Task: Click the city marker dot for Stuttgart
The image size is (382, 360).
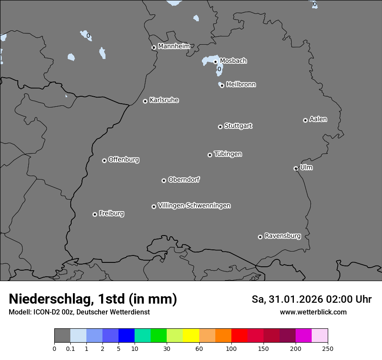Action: (220, 127)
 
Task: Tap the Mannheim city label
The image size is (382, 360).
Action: (174, 46)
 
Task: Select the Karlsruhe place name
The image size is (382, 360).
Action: (164, 100)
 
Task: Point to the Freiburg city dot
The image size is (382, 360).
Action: (95, 214)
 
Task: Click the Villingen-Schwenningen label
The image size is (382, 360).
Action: (194, 206)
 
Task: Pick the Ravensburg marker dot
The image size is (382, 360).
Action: (260, 237)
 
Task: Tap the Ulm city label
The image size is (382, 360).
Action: (306, 167)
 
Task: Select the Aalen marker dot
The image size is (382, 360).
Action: (305, 120)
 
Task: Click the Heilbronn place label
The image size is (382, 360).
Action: (241, 85)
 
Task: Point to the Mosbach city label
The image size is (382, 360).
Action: (233, 61)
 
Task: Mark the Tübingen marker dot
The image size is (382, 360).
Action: (210, 155)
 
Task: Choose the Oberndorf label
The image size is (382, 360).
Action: (184, 180)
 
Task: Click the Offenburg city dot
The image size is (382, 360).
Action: (104, 160)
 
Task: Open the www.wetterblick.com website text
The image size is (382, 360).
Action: (313, 312)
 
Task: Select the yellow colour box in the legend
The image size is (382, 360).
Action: (191, 336)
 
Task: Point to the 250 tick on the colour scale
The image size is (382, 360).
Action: (328, 348)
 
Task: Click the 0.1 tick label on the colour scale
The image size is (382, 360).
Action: (70, 348)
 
